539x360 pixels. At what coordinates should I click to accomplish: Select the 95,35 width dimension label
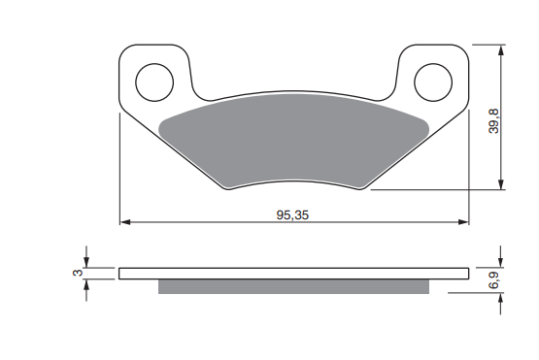(292, 215)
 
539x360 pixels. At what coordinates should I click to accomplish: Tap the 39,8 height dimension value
(494, 120)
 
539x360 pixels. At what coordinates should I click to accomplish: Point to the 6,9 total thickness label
(494, 280)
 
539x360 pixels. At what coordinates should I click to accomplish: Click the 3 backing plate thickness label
(78, 273)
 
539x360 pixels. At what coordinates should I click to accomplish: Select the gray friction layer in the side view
(293, 286)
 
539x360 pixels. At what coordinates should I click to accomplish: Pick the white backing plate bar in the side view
(294, 274)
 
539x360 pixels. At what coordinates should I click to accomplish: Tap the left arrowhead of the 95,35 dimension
(125, 222)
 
